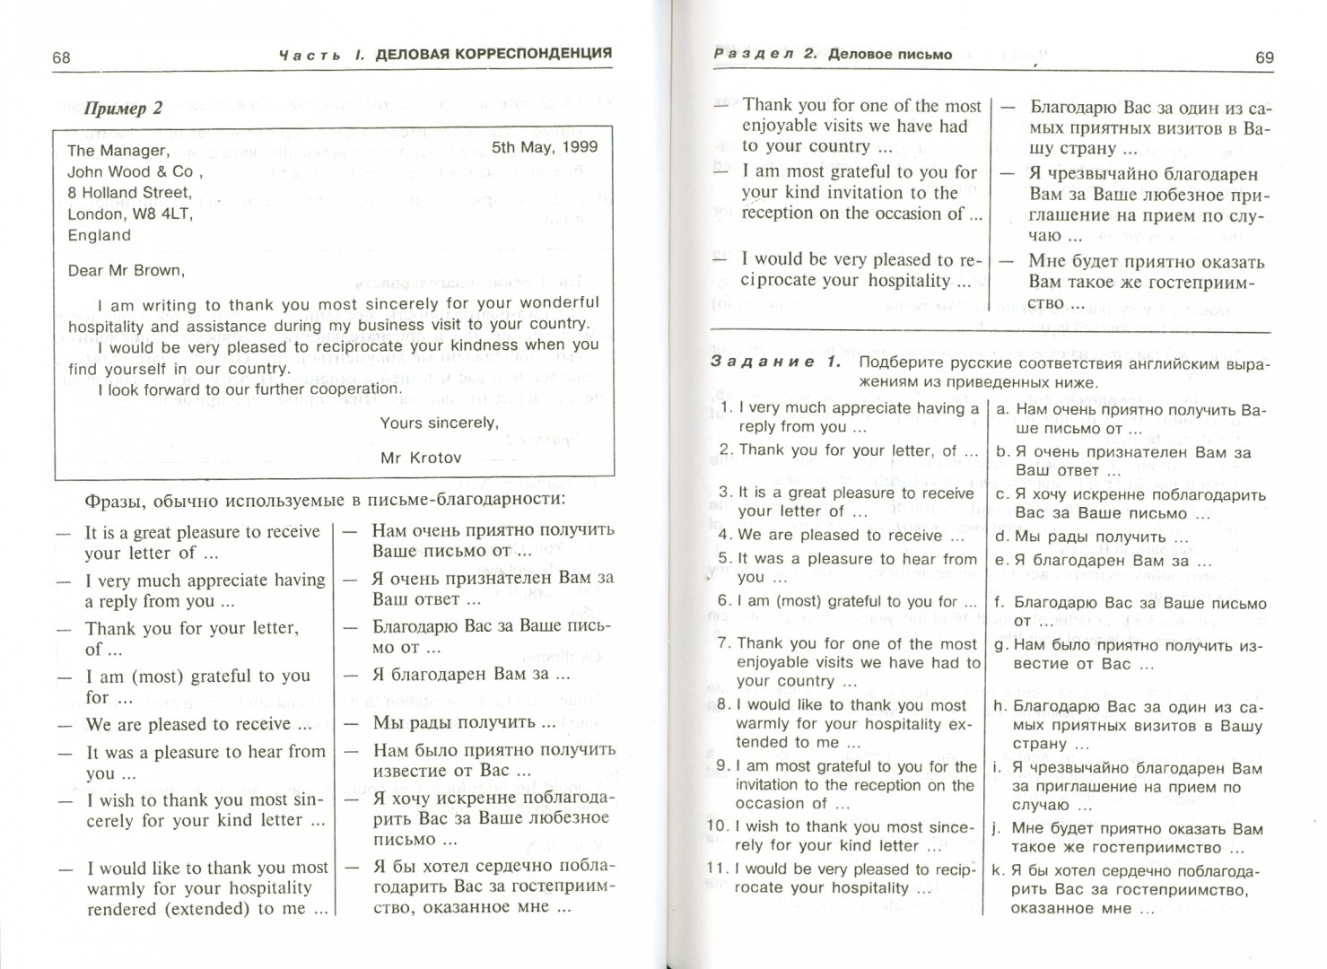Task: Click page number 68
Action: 61,58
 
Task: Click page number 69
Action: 1263,57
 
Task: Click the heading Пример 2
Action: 123,109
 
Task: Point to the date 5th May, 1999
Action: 545,146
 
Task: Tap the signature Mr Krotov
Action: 421,458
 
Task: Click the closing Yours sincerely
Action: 439,422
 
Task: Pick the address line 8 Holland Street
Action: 129,192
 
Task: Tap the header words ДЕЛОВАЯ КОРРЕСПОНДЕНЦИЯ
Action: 493,54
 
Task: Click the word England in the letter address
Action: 100,235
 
